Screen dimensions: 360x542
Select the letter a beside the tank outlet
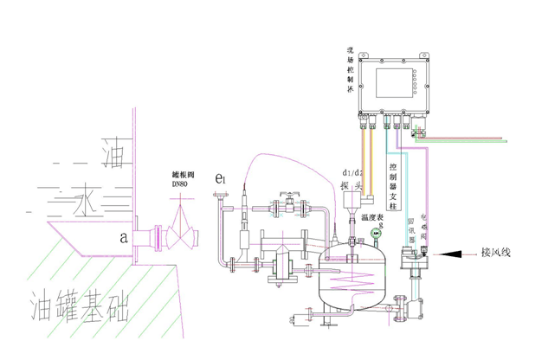(126, 235)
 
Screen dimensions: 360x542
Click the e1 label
(222, 179)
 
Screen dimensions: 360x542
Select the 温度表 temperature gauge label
(372, 218)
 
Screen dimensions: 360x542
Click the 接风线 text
(497, 254)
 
